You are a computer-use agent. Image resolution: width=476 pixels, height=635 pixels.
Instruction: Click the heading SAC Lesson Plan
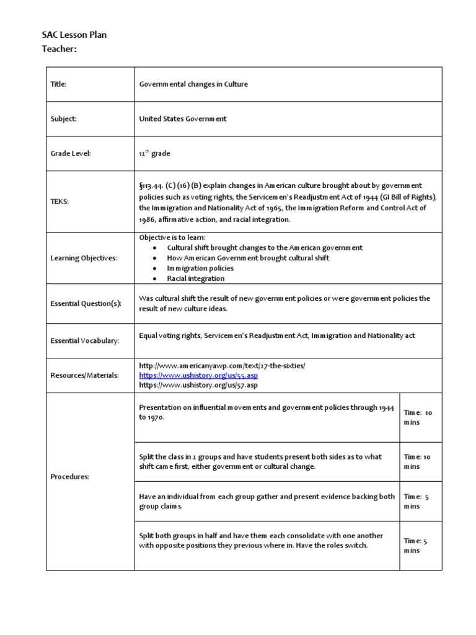[x=73, y=35]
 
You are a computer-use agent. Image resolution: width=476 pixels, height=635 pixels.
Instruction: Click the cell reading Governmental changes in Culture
[x=193, y=84]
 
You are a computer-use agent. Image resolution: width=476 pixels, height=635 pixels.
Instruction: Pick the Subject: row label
[x=63, y=118]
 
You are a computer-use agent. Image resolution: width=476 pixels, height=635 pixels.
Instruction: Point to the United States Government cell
[x=182, y=118]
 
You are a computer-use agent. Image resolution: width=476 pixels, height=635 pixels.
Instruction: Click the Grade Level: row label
[x=70, y=153]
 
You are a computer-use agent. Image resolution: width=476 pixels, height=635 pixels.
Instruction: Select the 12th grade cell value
[x=154, y=153]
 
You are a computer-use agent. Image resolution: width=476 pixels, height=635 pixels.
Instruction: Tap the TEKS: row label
[x=59, y=202]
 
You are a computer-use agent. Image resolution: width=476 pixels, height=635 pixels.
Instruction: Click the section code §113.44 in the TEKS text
[x=152, y=185]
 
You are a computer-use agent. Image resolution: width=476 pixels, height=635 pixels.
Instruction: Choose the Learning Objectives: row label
[x=83, y=257]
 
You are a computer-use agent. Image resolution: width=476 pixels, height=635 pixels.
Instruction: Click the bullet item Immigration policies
[x=200, y=269]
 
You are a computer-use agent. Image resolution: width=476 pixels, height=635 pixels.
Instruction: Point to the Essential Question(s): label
[x=86, y=303]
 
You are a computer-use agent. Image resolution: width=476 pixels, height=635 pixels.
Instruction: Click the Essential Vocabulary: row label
[x=84, y=340]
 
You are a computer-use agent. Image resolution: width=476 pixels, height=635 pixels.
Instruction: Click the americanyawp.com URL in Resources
[x=222, y=366]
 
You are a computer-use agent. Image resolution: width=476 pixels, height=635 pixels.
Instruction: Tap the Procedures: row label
[x=69, y=477]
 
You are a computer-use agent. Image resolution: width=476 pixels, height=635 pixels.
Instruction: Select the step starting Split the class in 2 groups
[x=260, y=461]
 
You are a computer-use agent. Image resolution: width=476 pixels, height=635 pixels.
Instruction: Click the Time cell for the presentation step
[x=420, y=417]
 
